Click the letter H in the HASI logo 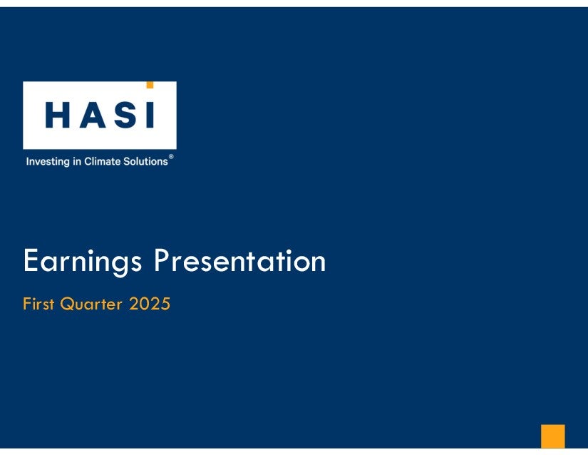pos(58,115)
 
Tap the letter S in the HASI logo pos(125,115)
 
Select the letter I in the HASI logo pos(150,115)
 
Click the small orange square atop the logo pos(150,85)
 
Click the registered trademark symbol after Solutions pos(171,156)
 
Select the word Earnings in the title pos(83,262)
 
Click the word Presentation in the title pos(240,260)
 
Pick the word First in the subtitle pos(38,304)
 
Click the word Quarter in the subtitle pos(91,304)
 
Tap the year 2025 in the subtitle pos(150,304)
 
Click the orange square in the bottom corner pos(553,436)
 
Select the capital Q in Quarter pos(67,304)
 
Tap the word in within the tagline pos(77,161)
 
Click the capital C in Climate pos(88,161)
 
